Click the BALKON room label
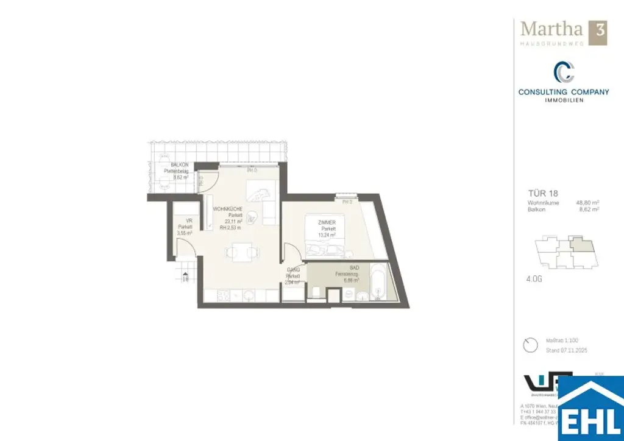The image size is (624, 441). (180, 165)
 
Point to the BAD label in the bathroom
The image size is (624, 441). (354, 267)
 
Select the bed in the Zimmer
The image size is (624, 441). (325, 234)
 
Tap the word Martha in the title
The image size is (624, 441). (550, 29)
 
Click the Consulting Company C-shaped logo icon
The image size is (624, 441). (564, 72)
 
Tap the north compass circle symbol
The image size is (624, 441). (531, 345)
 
